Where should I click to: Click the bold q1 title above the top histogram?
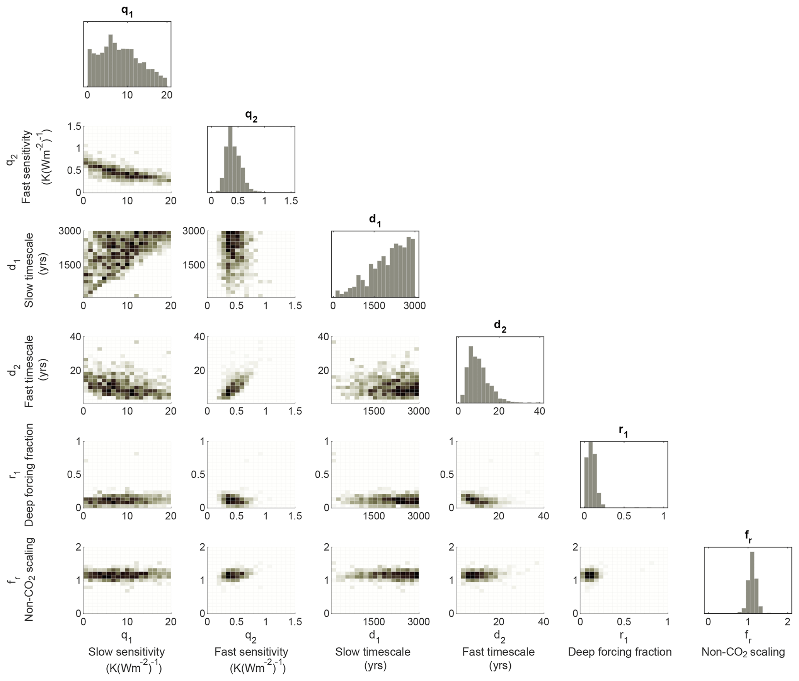point(127,12)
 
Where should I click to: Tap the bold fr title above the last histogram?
point(748,537)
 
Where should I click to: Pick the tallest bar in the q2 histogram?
point(231,159)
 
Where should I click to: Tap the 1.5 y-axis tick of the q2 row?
point(74,126)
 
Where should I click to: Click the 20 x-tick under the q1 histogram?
point(167,95)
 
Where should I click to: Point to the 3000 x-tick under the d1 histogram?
point(414,306)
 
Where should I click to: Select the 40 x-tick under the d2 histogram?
point(539,411)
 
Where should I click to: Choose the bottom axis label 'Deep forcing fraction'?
point(620,652)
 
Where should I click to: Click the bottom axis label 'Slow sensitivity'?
point(127,652)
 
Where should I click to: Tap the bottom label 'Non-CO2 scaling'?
point(743,652)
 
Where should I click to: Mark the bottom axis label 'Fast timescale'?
point(498,652)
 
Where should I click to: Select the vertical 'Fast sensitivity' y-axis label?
point(26,167)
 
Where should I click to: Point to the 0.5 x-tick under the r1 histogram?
point(624,516)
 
